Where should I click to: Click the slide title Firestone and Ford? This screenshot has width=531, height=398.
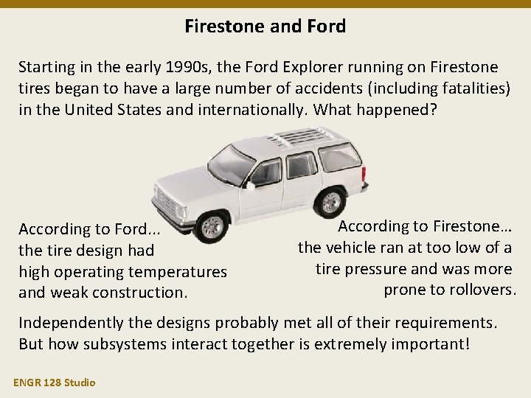click(265, 27)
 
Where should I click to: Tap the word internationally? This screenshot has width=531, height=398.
click(249, 110)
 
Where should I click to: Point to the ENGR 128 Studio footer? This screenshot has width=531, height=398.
click(53, 382)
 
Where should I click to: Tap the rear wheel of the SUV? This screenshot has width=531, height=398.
click(332, 201)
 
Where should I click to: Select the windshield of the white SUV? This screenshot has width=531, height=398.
click(230, 163)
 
